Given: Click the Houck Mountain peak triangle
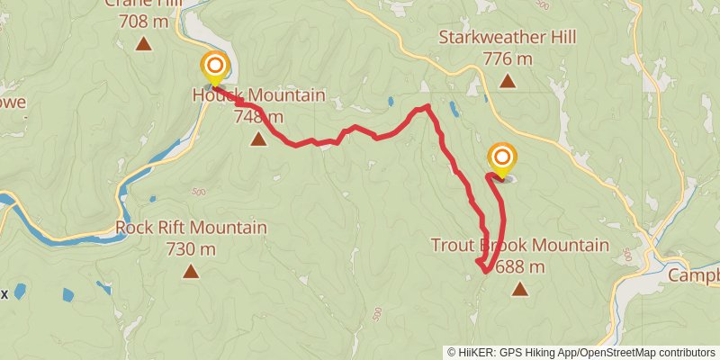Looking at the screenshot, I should [x=259, y=139].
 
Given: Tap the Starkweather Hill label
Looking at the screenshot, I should [x=507, y=38].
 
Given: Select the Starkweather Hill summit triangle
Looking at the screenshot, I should [x=507, y=83].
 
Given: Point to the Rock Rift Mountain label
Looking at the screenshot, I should [x=191, y=228].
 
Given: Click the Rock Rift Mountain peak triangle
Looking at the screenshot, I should [x=191, y=271].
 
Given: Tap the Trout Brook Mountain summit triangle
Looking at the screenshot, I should [x=519, y=289].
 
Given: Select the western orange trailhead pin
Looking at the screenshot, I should [x=215, y=67].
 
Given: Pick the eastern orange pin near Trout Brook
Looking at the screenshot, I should [x=501, y=158].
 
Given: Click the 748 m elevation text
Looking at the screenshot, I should [x=259, y=116].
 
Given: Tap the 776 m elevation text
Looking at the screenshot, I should [x=508, y=59].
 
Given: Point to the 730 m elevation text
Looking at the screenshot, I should [x=191, y=248].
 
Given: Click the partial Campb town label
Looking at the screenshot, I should [x=694, y=275].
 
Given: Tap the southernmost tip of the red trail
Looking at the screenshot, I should [x=484, y=270].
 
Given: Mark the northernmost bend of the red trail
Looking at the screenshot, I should [x=426, y=107].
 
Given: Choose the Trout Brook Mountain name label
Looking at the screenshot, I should [x=519, y=246].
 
